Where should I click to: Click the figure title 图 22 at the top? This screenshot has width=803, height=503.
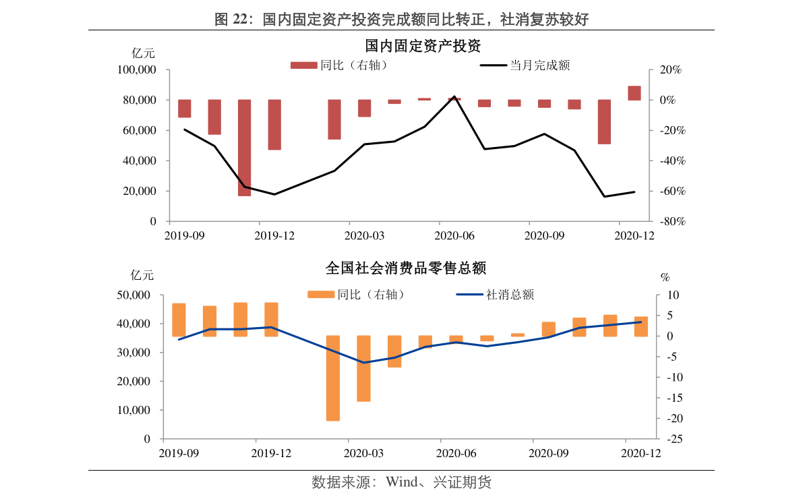coord(402,20)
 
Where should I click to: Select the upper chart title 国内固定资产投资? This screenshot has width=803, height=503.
coord(422,47)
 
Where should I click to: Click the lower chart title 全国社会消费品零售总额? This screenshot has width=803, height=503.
coord(406,268)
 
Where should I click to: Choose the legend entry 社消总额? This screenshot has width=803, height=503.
coord(495,295)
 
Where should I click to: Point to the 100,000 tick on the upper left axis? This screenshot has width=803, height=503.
coord(137,70)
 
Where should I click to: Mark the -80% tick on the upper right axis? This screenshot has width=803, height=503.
coord(671,222)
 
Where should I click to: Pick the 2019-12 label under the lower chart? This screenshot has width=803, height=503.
coord(271,453)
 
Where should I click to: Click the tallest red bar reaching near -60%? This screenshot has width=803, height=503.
coord(244,148)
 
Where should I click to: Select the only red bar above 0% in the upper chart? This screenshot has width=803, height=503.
coord(634,93)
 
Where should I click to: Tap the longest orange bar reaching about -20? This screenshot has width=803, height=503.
coord(333,378)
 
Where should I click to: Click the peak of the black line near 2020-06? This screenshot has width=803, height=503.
coord(454,97)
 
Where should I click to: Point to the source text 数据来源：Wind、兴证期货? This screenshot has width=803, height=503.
coord(402,483)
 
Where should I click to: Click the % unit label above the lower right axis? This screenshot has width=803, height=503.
coord(665,277)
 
